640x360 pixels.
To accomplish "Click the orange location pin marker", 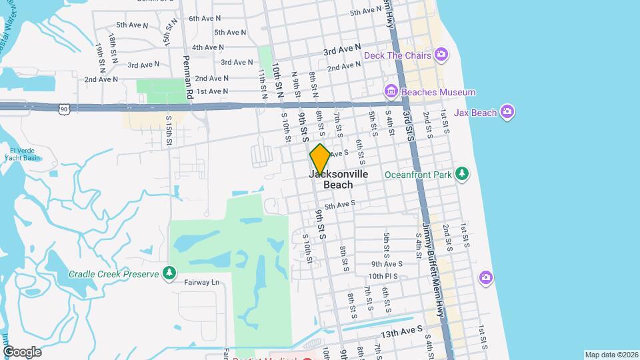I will (x=320, y=159).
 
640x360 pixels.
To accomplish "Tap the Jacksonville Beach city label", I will (x=339, y=179).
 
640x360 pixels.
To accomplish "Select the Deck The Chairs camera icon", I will (x=441, y=54).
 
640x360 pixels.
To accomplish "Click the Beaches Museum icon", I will (x=391, y=92).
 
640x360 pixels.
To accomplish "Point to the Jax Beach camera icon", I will (x=507, y=113).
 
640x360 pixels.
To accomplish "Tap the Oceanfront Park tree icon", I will (x=462, y=175).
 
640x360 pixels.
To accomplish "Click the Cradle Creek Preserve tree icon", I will (x=170, y=273).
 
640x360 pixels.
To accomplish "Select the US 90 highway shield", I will (x=63, y=107).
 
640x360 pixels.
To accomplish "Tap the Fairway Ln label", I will (x=201, y=282).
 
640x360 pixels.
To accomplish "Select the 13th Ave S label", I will (x=401, y=331).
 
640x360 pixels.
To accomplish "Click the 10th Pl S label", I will (x=383, y=276).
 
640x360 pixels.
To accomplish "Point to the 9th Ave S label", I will (x=387, y=264).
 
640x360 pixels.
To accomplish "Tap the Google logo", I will (x=22, y=352).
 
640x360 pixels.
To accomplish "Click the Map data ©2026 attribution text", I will (x=611, y=355).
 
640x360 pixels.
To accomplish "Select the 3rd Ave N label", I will (x=342, y=50).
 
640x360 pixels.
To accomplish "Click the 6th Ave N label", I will (x=205, y=18).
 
